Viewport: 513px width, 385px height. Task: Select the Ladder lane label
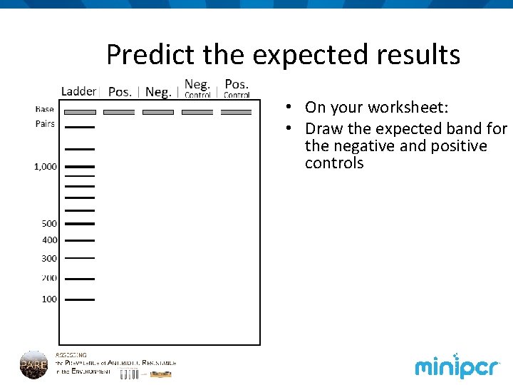(x=78, y=91)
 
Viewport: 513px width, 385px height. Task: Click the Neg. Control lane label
(x=197, y=88)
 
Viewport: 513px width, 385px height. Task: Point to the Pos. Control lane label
(x=237, y=88)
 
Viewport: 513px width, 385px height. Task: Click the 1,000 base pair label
(x=46, y=167)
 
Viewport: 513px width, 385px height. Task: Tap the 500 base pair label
(x=49, y=224)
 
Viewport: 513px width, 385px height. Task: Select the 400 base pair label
(x=49, y=240)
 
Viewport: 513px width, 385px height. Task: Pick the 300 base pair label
(x=49, y=259)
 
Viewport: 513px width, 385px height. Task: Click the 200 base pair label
(x=49, y=278)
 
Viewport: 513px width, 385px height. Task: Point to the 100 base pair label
(x=49, y=299)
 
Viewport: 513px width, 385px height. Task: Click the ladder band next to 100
(x=80, y=299)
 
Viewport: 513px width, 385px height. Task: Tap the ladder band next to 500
(x=80, y=224)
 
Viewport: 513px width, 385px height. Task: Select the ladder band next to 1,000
(x=80, y=167)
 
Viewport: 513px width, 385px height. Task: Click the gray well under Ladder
(x=80, y=112)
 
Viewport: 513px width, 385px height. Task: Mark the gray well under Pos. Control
(x=236, y=112)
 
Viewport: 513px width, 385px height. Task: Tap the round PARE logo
(x=33, y=364)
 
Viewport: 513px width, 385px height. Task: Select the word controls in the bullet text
(x=334, y=163)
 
